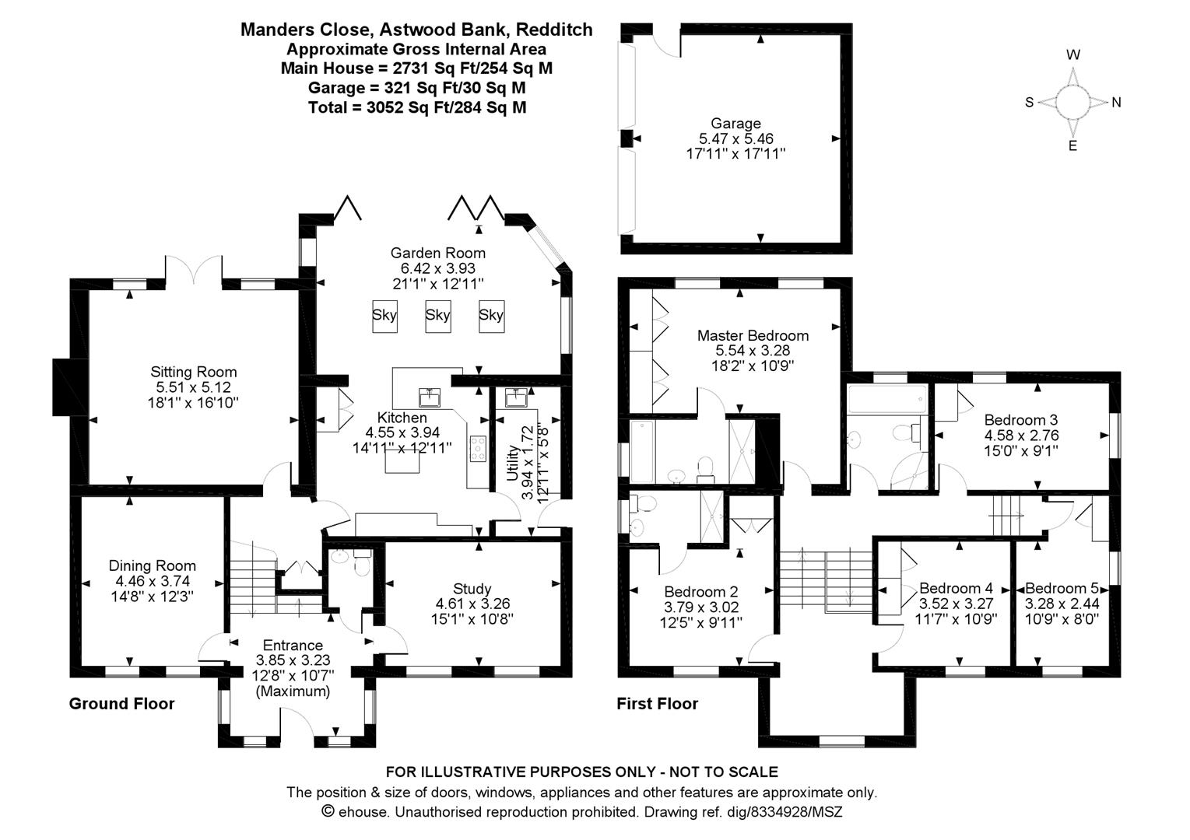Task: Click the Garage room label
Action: click(735, 124)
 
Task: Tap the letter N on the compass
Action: click(1116, 103)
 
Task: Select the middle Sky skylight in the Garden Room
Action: click(437, 316)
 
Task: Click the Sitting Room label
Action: click(193, 372)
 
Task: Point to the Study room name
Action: click(472, 589)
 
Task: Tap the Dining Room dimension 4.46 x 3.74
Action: click(153, 581)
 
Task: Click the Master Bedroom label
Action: click(753, 335)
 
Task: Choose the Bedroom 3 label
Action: click(1021, 420)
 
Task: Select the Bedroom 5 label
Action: click(1062, 588)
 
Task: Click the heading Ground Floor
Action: click(121, 704)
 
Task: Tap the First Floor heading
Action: click(657, 704)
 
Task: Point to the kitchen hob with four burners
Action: click(478, 449)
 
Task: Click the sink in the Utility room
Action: click(515, 397)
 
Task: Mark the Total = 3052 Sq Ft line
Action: click(417, 108)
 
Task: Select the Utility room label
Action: click(512, 464)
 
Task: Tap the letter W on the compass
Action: click(1073, 54)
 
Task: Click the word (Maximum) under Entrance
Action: click(293, 692)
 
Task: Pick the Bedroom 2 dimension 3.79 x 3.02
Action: click(701, 607)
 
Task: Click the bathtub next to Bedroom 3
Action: click(887, 399)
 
